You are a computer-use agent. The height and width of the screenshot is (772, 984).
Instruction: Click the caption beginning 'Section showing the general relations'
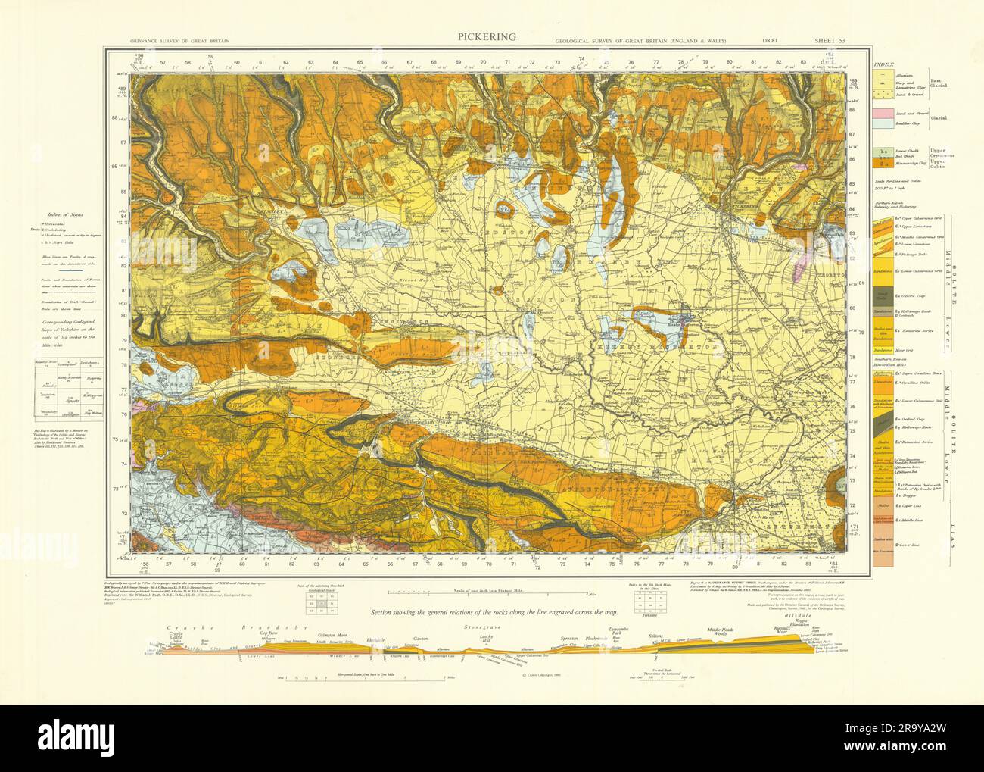click(490, 611)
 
